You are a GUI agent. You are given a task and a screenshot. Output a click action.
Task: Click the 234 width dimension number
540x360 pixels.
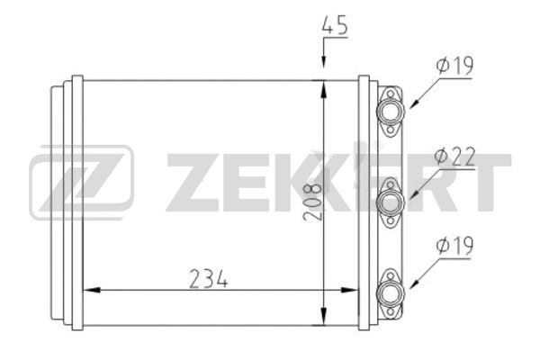click(x=209, y=278)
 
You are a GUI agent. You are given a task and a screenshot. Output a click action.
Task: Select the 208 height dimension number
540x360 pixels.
click(x=312, y=202)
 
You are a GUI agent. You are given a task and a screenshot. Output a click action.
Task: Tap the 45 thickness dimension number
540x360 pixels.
click(x=335, y=25)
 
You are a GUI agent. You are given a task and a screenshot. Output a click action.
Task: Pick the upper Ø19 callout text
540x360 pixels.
click(x=454, y=66)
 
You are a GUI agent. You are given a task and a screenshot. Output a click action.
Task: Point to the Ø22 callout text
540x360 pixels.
click(x=454, y=157)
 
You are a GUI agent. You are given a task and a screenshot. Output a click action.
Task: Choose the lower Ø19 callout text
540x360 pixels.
click(x=454, y=246)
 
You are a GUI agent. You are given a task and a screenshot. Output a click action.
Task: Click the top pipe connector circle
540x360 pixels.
click(x=391, y=111)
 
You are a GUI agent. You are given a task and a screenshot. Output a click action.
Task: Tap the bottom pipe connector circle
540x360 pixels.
click(x=391, y=293)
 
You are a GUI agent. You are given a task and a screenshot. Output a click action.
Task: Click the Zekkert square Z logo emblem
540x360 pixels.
click(x=81, y=182)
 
